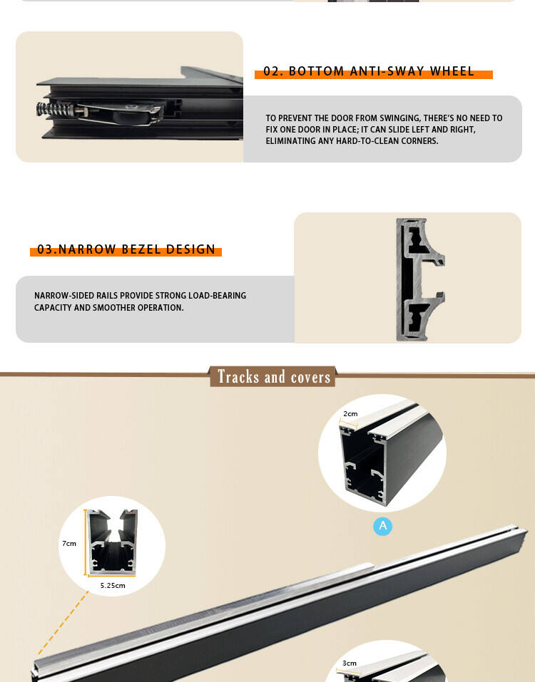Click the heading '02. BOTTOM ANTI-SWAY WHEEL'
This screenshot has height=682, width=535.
click(369, 71)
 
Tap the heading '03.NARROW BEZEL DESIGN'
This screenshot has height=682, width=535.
click(126, 249)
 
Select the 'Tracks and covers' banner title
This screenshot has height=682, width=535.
click(274, 377)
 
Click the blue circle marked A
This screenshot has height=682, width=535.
click(382, 526)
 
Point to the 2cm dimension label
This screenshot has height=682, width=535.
click(350, 413)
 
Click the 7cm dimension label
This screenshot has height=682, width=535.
click(69, 543)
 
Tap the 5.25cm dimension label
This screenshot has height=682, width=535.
click(113, 586)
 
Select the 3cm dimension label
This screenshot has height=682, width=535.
click(350, 663)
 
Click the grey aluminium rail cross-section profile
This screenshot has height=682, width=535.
click(420, 279)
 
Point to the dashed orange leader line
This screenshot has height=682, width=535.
click(63, 623)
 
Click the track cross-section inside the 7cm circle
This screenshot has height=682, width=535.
click(112, 542)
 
